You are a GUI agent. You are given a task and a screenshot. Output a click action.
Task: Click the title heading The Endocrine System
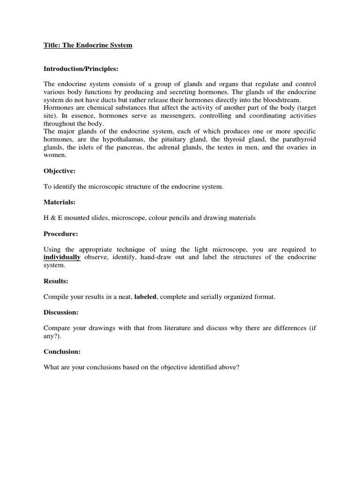88,45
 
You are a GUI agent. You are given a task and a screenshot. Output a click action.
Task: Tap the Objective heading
60,172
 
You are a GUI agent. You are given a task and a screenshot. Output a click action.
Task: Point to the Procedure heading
61,233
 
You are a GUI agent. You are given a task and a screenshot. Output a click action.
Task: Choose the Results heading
56,281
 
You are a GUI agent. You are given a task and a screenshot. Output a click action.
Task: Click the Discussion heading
61,312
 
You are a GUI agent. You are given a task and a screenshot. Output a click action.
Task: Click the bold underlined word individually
62,257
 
